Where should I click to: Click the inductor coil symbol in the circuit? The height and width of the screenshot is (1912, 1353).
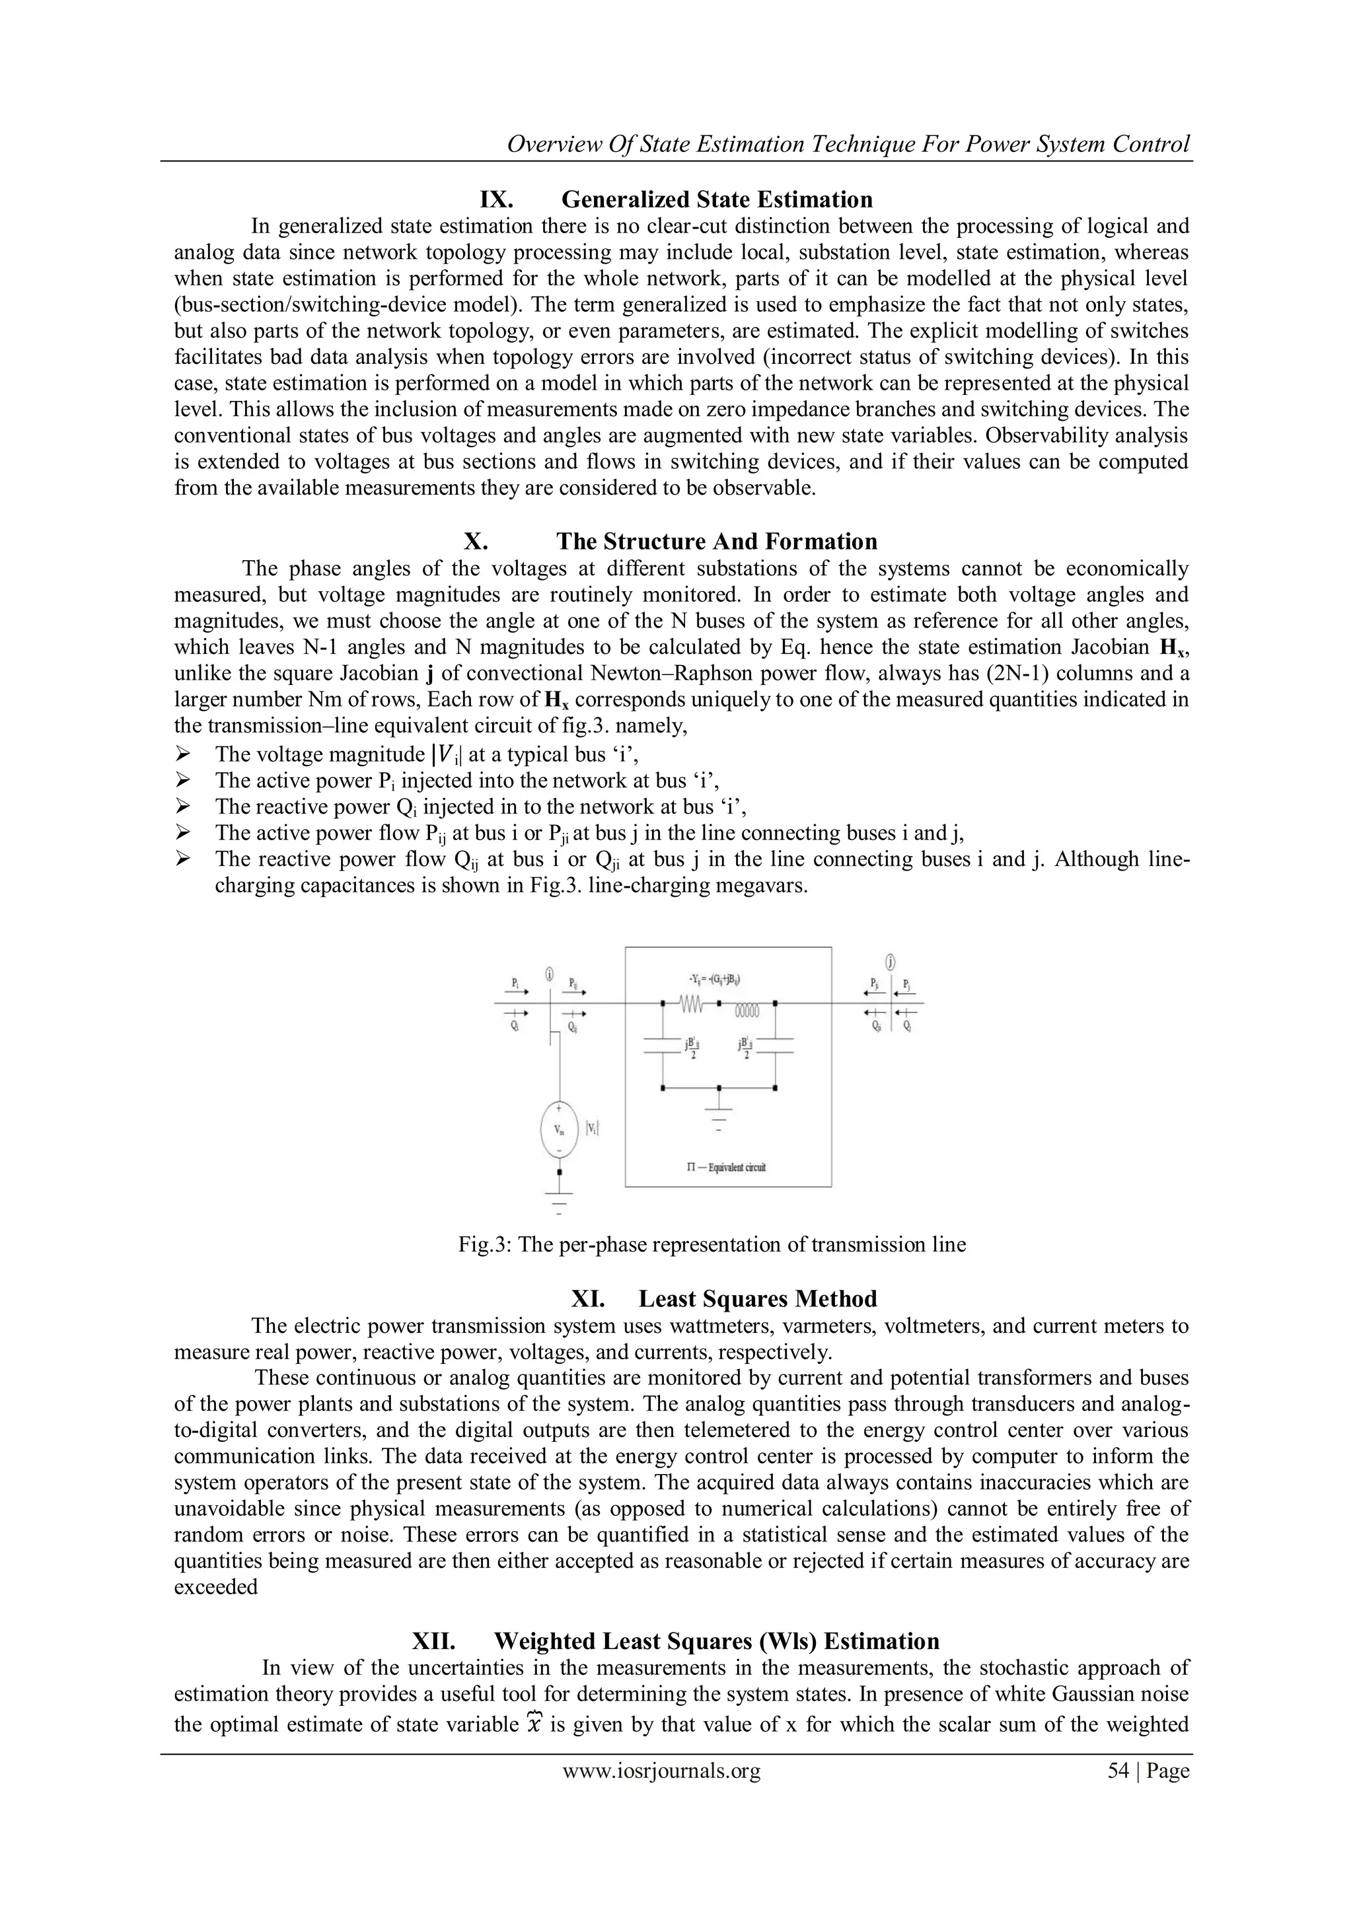747,1011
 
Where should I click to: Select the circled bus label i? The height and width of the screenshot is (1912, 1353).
550,974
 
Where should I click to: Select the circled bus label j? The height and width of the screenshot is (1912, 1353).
891,963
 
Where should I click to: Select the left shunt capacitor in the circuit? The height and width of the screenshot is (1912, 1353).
663,1046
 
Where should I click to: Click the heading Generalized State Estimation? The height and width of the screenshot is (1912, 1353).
717,200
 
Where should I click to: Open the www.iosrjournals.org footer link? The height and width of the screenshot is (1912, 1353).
661,1771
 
